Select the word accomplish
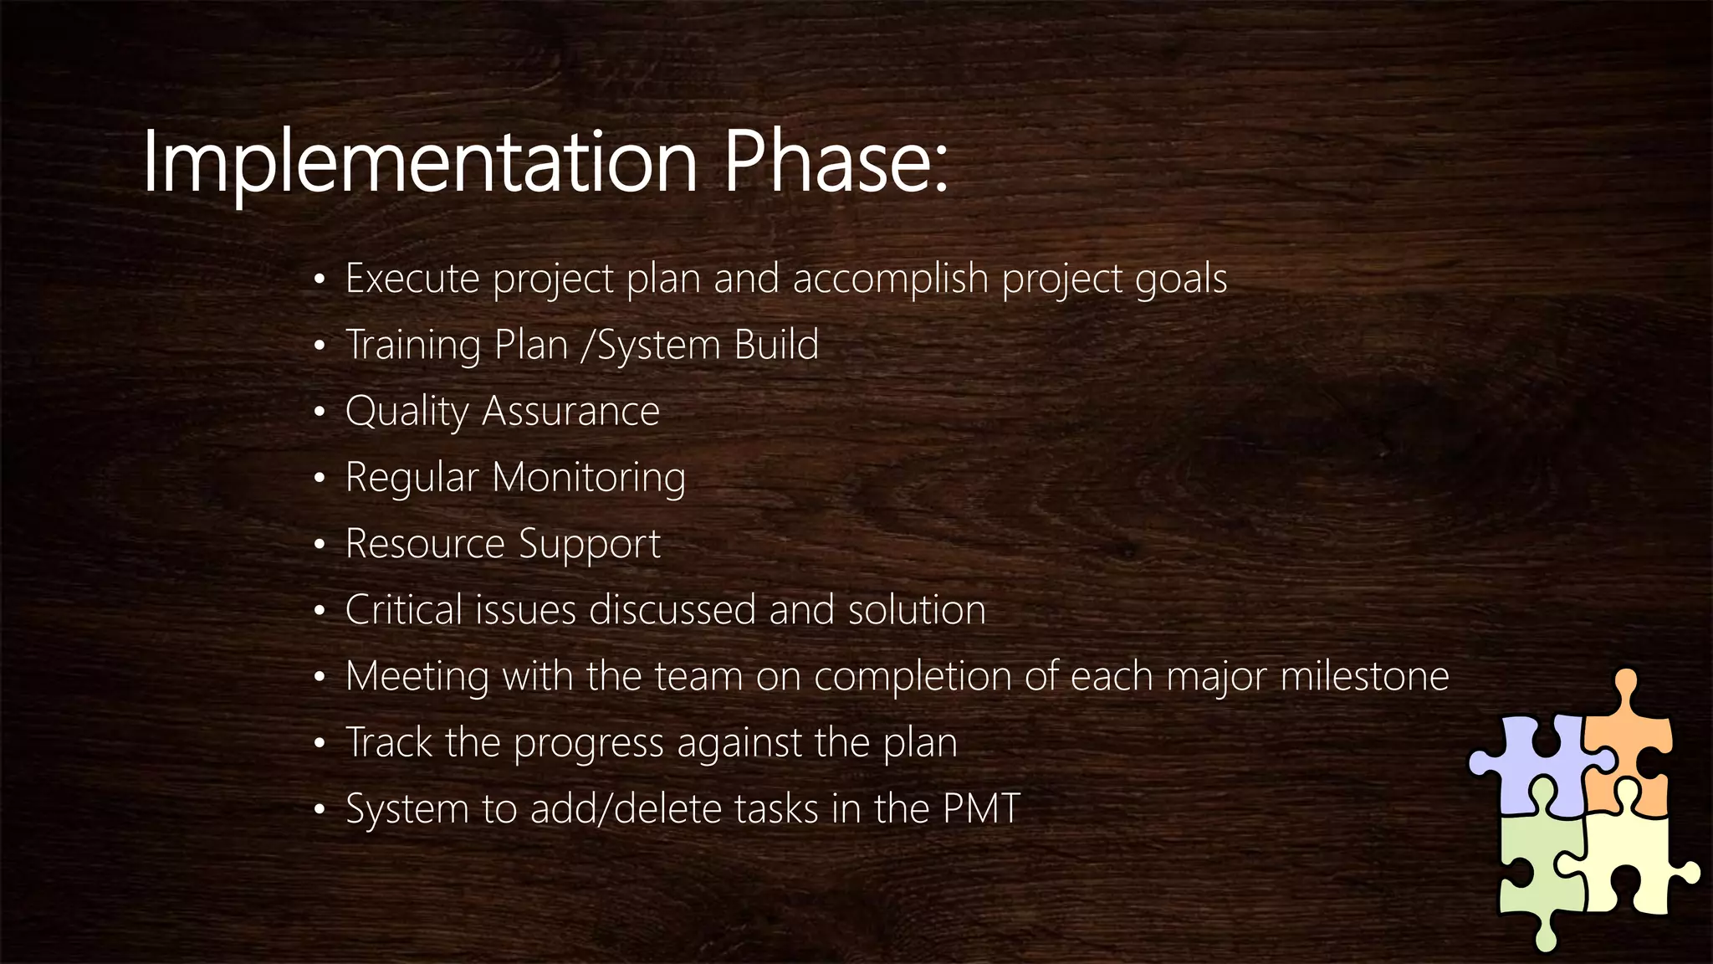point(890,279)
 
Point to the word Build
point(776,345)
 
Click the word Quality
point(407,412)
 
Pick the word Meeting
point(417,676)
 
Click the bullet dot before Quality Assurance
point(319,412)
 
